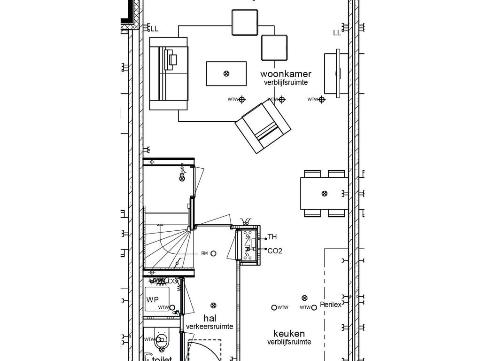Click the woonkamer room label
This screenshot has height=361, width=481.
(286, 74)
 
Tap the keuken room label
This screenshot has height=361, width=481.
(289, 333)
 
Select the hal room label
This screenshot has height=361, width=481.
(209, 318)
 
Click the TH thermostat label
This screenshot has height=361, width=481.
(272, 237)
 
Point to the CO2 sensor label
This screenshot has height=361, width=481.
(274, 251)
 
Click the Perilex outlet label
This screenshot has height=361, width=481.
(330, 305)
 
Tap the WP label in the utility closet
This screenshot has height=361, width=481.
(152, 299)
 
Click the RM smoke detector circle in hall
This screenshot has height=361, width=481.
(213, 253)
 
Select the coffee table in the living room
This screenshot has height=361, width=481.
(226, 73)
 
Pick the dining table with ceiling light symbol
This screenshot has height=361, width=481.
(324, 193)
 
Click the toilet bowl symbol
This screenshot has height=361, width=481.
(162, 339)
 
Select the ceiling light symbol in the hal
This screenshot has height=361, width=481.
(214, 305)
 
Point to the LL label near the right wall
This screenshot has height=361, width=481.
(337, 33)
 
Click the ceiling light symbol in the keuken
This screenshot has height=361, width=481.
(304, 298)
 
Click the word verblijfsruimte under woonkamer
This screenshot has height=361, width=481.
(286, 82)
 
